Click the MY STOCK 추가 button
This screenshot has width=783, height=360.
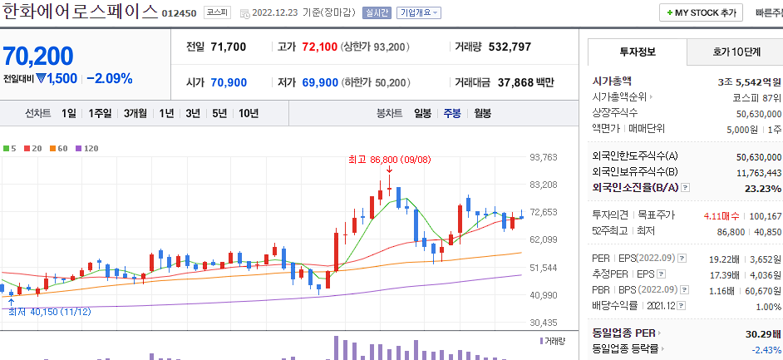point(701,13)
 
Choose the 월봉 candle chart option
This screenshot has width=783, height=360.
point(483,113)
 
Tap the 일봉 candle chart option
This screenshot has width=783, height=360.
point(423,113)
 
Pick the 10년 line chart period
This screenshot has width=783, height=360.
point(248,113)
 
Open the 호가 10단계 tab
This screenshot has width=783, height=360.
point(736,52)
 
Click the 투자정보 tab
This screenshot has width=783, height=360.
point(638,52)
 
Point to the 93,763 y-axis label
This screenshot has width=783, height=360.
point(543,157)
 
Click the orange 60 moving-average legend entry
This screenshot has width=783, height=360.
point(62,148)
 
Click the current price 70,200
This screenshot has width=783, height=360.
point(38,56)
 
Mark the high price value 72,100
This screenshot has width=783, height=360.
point(319,47)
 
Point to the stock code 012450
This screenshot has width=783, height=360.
point(179,14)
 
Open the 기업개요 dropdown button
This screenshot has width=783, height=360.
point(419,13)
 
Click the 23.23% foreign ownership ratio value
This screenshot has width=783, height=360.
point(764,189)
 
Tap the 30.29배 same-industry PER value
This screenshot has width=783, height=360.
point(758,333)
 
